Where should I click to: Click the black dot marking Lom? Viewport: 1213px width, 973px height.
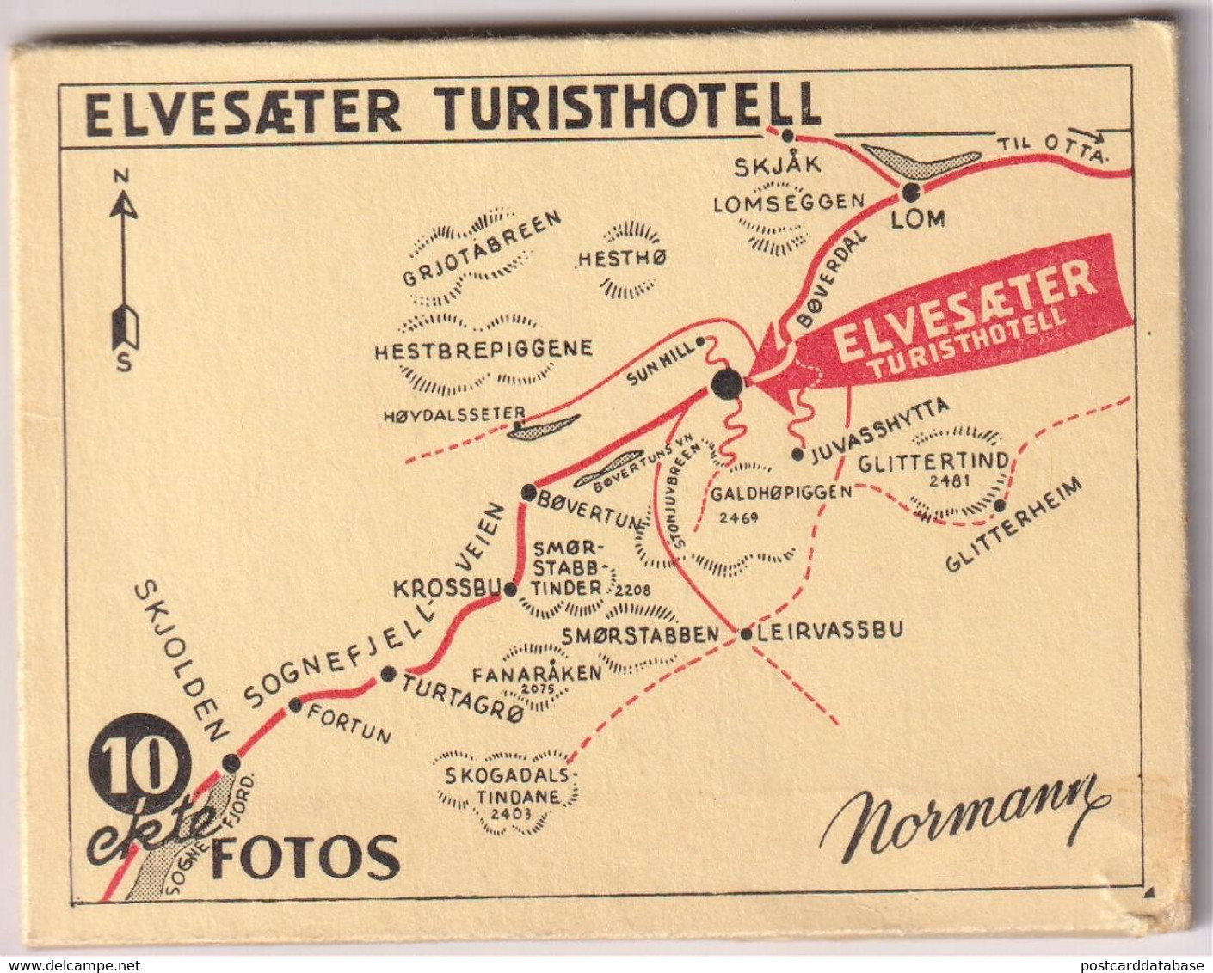[x=911, y=191]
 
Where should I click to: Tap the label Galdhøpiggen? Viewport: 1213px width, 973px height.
[x=781, y=493]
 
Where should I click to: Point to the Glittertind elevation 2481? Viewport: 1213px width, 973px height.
[x=947, y=480]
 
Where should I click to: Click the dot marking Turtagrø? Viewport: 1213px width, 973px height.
[x=389, y=674]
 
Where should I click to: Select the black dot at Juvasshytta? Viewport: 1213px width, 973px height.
[x=797, y=454]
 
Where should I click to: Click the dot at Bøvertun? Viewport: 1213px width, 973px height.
[x=529, y=493]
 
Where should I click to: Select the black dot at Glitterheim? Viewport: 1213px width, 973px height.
[x=1000, y=505]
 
